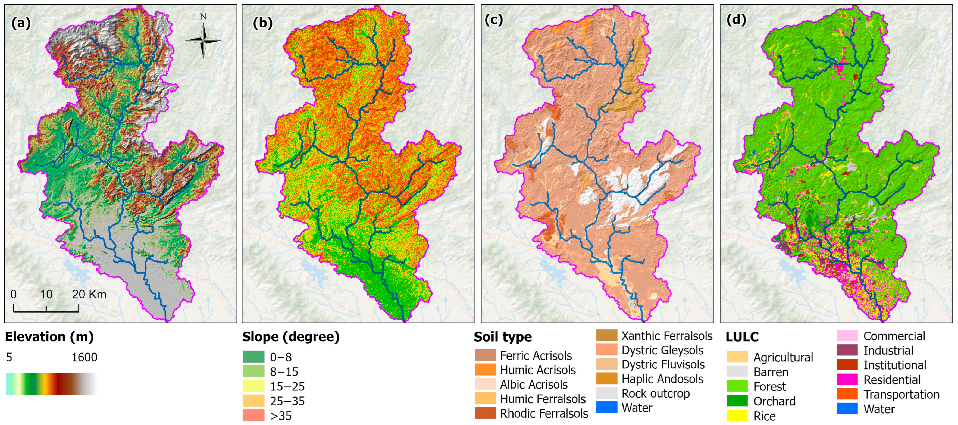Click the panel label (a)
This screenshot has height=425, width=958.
(x=21, y=23)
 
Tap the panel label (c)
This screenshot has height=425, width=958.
(x=493, y=20)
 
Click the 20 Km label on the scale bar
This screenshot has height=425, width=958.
(x=89, y=295)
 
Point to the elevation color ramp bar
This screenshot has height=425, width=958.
(x=51, y=384)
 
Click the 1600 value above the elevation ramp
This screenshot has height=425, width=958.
(x=84, y=357)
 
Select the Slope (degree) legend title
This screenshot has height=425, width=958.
(x=291, y=337)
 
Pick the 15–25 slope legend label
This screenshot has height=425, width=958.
(x=287, y=386)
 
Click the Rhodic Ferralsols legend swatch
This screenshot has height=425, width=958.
(x=485, y=413)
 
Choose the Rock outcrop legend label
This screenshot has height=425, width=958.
(x=655, y=393)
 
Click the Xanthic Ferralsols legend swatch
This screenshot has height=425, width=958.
(x=606, y=336)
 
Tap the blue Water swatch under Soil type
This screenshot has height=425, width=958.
(x=606, y=408)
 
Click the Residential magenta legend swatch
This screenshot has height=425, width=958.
(x=847, y=380)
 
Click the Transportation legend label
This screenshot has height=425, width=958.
(x=901, y=394)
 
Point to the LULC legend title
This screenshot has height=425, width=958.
(x=741, y=337)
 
